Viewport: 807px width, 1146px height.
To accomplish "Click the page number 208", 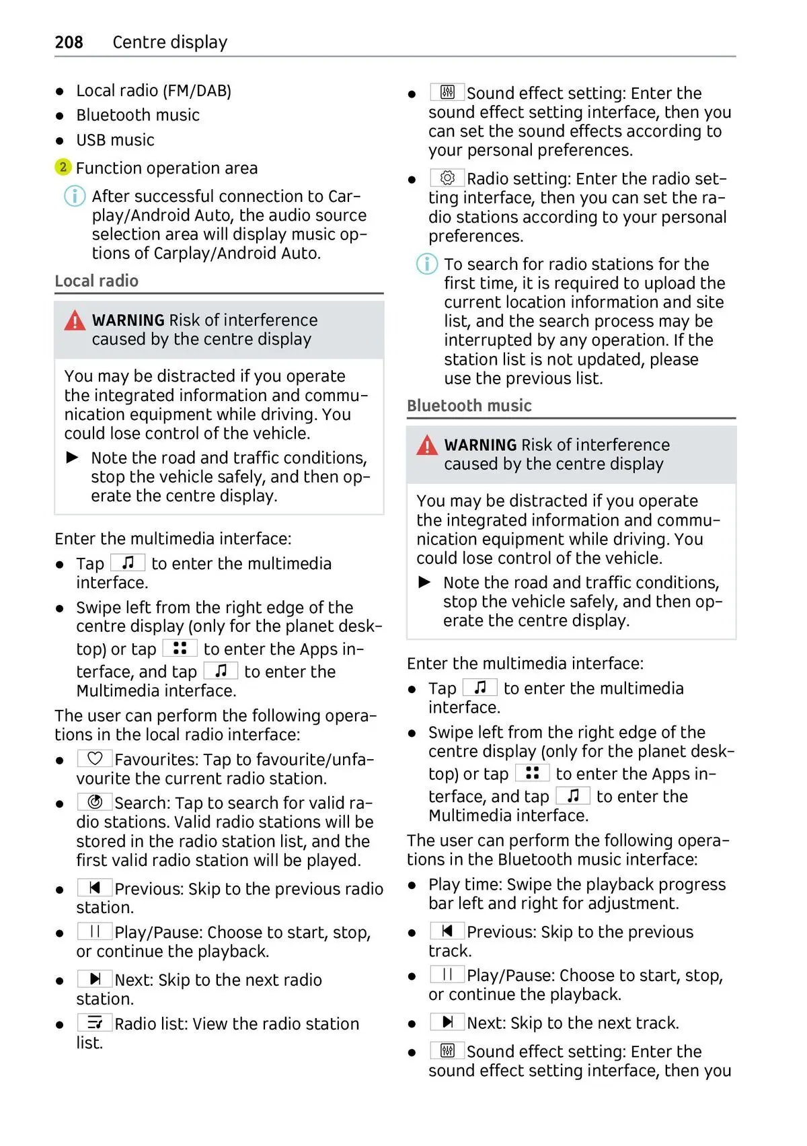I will pyautogui.click(x=69, y=42).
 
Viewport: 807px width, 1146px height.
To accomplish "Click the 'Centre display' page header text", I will pyautogui.click(x=169, y=42).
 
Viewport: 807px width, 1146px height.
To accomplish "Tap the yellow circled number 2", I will pyautogui.click(x=63, y=167).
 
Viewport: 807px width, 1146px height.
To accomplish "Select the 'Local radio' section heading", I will pyautogui.click(x=96, y=281).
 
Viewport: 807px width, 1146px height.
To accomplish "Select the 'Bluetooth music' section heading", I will pyautogui.click(x=469, y=406).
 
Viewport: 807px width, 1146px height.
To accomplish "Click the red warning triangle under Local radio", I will pyautogui.click(x=75, y=321).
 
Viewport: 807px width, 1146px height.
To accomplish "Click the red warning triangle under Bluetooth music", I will pyautogui.click(x=427, y=445).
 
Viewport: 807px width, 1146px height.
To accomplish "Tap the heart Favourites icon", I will pyautogui.click(x=95, y=758).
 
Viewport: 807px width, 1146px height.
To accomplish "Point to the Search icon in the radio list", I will pyautogui.click(x=95, y=801).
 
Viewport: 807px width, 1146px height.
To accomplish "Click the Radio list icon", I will pyautogui.click(x=95, y=1023).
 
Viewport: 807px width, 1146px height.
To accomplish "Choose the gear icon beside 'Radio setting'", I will pyautogui.click(x=447, y=178).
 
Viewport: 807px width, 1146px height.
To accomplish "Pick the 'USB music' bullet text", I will pyautogui.click(x=115, y=140).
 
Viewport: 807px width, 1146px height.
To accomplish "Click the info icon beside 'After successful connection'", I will pyautogui.click(x=75, y=196).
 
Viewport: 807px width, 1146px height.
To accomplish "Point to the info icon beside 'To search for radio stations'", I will pyautogui.click(x=427, y=264).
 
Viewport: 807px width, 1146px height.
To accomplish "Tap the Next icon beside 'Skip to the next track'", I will pyautogui.click(x=447, y=1022).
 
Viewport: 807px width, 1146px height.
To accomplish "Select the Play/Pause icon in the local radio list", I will pyautogui.click(x=95, y=931).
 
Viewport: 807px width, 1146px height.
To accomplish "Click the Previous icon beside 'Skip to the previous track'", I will pyautogui.click(x=447, y=931).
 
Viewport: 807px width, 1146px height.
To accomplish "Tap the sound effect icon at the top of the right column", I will pyautogui.click(x=447, y=92).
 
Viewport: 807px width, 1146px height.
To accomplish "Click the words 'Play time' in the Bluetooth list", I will pyautogui.click(x=465, y=884).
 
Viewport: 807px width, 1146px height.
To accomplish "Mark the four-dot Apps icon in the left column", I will pyautogui.click(x=180, y=648).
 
